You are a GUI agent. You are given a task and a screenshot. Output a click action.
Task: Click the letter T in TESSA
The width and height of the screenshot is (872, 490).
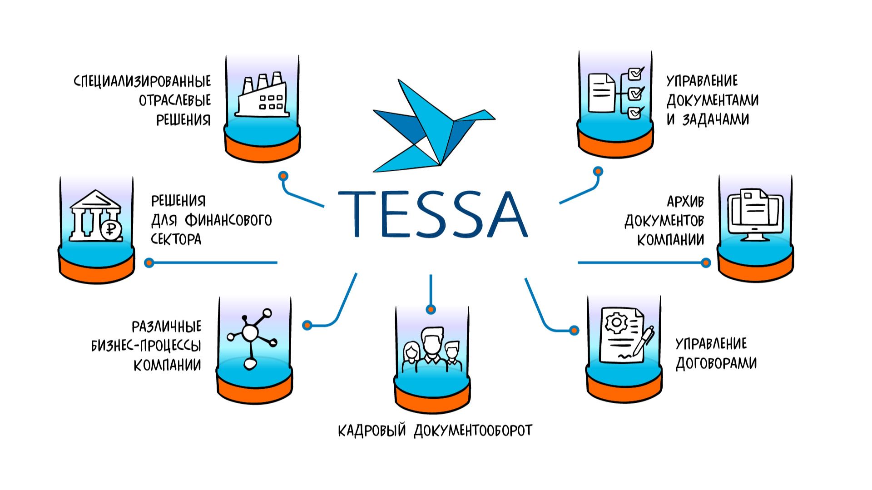coord(360,213)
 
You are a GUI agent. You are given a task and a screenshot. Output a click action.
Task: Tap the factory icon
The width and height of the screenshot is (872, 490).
coord(262,95)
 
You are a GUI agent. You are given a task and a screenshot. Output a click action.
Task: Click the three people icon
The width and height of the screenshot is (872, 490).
coord(431,347)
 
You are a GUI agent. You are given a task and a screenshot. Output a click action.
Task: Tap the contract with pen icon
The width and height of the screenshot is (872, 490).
coord(624,336)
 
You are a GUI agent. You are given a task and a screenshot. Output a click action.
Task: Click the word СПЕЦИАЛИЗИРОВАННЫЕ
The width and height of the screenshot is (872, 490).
coord(142,81)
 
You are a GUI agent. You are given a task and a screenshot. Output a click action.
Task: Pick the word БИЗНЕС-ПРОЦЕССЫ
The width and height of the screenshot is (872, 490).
coord(146,346)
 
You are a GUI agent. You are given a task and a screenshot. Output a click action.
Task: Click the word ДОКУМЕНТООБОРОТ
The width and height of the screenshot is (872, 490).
coord(473,430)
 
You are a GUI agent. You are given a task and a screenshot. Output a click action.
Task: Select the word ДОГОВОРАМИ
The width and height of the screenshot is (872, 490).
coord(716,363)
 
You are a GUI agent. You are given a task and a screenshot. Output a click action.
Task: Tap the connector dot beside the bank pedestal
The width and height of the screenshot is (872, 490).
coord(149,262)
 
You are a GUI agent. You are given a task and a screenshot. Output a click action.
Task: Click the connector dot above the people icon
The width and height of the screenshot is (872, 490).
coord(431,309)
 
